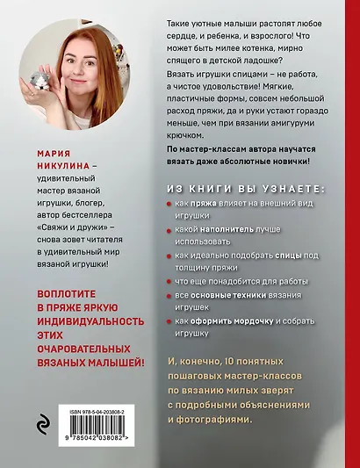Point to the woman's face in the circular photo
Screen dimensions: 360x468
click(69, 53)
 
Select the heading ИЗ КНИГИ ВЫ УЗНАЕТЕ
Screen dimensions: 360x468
click(245, 189)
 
